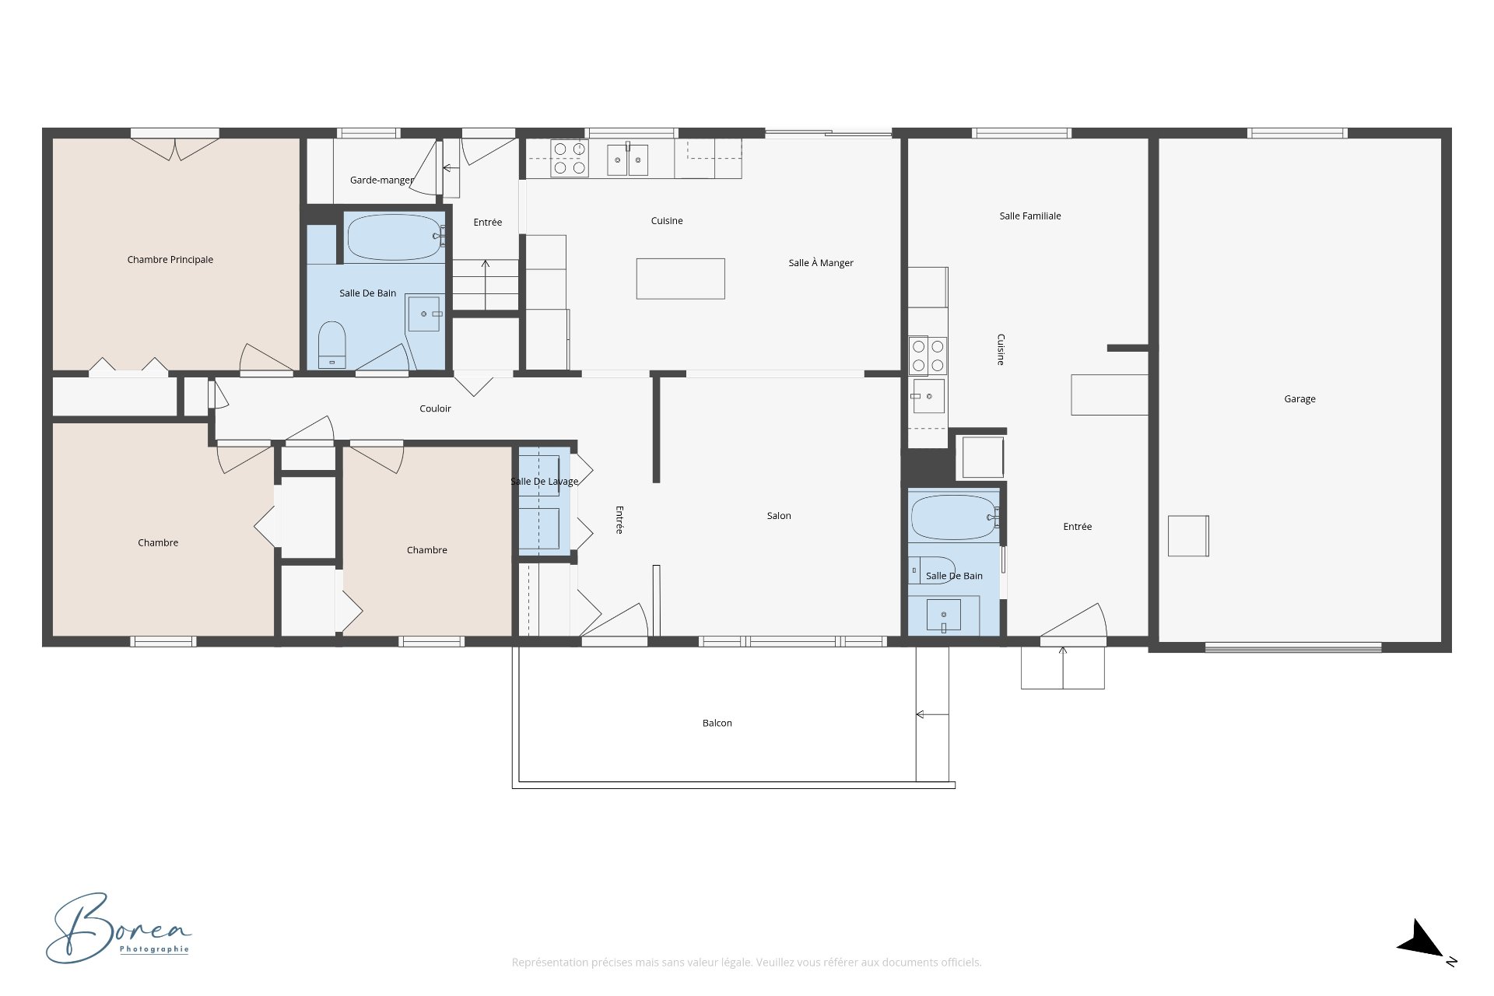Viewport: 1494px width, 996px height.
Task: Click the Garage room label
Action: coord(1299,399)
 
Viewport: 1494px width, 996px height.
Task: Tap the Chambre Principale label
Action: coord(170,260)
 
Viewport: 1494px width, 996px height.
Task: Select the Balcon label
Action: coord(717,723)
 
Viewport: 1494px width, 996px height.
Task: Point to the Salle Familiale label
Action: coord(1030,216)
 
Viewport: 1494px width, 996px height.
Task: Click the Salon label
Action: coord(779,516)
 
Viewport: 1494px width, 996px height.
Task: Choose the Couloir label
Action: coord(435,409)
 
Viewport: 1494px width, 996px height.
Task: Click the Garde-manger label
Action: coord(382,181)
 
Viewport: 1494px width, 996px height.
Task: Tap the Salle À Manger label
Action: coord(821,263)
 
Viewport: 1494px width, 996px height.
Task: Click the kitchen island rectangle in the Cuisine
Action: coord(681,279)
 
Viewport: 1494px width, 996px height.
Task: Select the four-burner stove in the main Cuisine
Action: coord(570,158)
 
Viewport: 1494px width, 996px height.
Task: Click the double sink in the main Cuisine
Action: coord(628,160)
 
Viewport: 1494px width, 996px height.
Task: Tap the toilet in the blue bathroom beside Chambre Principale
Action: coord(332,345)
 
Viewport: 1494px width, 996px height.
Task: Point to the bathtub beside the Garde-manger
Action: coord(395,237)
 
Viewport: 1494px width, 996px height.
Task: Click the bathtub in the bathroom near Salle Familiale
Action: coord(955,517)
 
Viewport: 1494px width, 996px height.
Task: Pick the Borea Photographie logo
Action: coord(118,928)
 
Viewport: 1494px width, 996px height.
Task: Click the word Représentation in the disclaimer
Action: coord(549,963)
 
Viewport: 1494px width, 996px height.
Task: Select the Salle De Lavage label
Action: coord(545,482)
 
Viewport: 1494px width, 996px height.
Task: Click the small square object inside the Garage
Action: coord(1188,536)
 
